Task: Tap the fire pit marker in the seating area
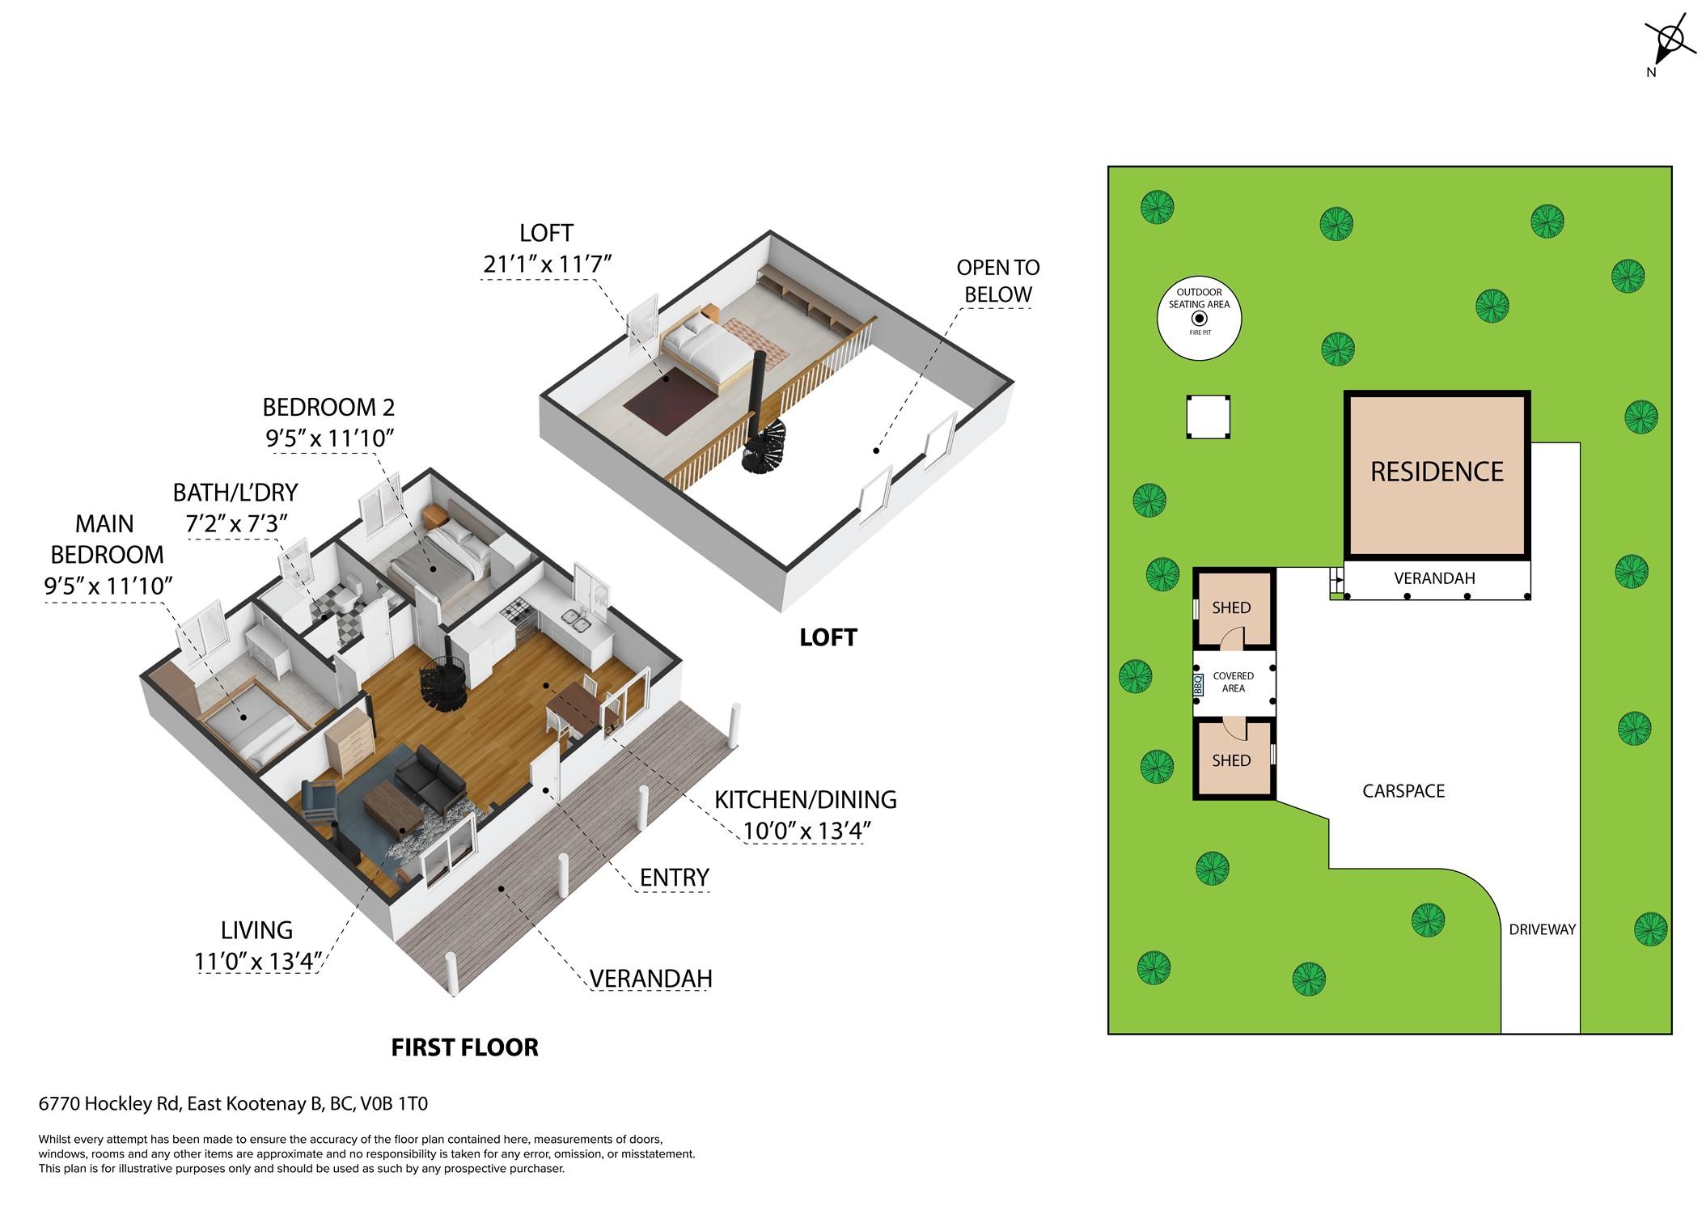pos(1200,319)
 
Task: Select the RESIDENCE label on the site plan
pos(1437,472)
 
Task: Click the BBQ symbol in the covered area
pos(1199,684)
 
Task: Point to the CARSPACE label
pos(1403,791)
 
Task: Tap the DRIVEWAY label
pos(1542,929)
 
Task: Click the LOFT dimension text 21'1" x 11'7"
pos(547,264)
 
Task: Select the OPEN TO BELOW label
pos(998,281)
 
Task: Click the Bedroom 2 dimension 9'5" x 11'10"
pos(330,438)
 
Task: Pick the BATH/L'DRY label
pos(235,493)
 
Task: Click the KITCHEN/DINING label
pos(806,800)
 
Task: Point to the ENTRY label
pos(675,878)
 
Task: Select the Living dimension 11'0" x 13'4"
pos(258,962)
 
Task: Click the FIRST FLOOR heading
pos(465,1047)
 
